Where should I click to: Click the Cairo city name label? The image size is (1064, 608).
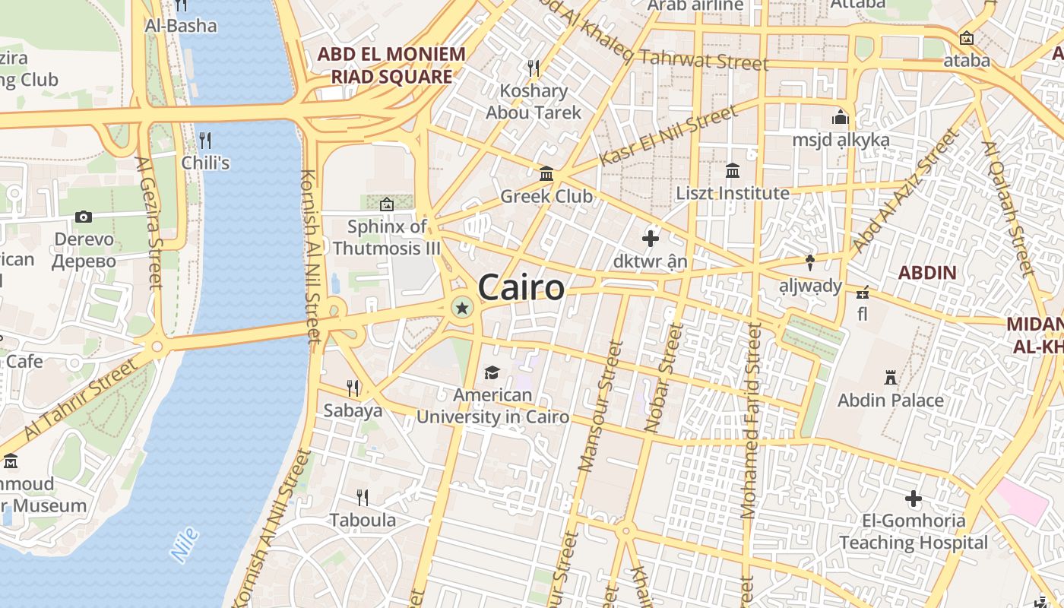click(x=521, y=288)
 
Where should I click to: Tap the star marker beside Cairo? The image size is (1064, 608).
click(x=461, y=308)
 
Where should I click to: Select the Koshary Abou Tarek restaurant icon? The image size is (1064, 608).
click(x=534, y=68)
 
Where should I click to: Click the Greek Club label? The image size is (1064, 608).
click(x=546, y=196)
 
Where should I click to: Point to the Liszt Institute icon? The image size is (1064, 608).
click(x=733, y=171)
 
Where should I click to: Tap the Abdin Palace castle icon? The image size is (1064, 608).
click(x=891, y=377)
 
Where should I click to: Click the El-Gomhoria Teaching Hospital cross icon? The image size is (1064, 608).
click(x=914, y=499)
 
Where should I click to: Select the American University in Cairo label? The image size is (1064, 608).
click(x=492, y=406)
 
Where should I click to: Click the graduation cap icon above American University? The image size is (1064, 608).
click(x=492, y=372)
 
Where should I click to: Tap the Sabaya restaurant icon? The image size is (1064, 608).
click(x=353, y=388)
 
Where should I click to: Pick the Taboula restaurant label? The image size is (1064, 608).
click(x=363, y=521)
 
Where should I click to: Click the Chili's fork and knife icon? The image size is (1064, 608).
click(x=204, y=141)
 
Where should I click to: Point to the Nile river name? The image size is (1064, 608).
click(x=185, y=545)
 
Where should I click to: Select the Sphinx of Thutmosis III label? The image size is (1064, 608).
click(x=387, y=238)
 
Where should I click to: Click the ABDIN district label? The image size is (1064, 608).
click(x=927, y=273)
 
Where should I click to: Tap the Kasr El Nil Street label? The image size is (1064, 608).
click(x=668, y=136)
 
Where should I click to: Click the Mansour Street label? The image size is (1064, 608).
click(x=601, y=406)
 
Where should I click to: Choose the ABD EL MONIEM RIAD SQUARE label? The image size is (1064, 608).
click(x=391, y=65)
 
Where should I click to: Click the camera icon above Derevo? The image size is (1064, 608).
click(x=84, y=217)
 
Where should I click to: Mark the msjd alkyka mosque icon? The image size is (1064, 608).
click(x=840, y=118)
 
